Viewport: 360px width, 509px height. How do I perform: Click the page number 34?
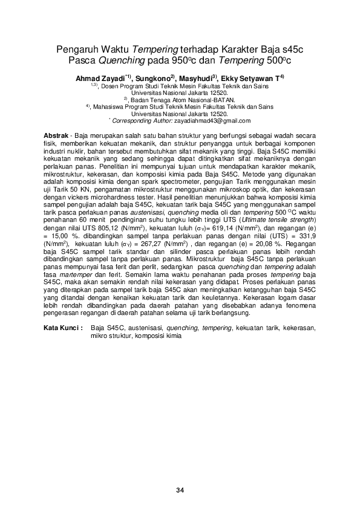click(180, 490)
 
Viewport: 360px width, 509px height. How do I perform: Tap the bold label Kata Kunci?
click(64, 327)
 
